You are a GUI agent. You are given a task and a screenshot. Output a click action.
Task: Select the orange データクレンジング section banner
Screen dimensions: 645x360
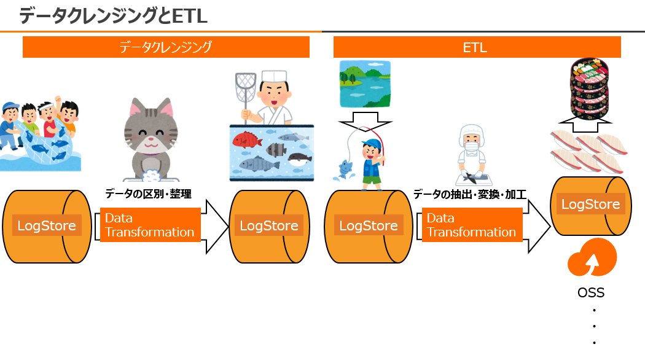166,47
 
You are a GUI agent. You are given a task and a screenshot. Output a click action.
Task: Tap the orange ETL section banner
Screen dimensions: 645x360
477,47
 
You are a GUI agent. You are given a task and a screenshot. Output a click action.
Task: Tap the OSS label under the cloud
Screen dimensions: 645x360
591,292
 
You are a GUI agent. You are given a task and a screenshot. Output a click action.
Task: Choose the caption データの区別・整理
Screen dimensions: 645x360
148,194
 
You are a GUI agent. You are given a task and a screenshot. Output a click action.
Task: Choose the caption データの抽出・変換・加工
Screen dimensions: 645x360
470,195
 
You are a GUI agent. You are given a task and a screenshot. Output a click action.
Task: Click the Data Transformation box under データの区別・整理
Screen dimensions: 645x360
150,225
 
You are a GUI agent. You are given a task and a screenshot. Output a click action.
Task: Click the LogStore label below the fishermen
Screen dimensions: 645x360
47,225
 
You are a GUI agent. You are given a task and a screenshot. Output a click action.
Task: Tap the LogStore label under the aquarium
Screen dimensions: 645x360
269,225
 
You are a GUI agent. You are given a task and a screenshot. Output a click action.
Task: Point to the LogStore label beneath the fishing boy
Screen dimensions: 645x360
369,225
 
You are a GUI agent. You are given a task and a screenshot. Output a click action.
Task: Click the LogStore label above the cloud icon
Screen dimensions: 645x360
591,204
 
